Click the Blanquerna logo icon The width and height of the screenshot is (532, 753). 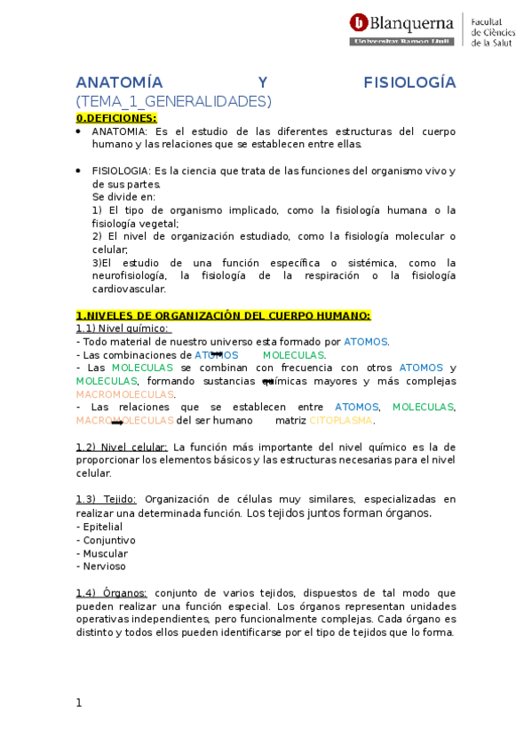pos(359,24)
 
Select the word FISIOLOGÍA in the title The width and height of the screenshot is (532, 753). pos(409,83)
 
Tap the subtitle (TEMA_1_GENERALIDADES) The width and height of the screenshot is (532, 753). pos(173,100)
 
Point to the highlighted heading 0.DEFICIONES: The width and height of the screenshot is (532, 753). pos(116,117)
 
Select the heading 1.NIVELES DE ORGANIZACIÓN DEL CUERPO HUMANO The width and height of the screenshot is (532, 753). pos(223,315)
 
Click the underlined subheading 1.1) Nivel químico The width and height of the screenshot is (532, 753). pos(123,329)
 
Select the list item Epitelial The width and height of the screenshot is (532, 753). pos(103,527)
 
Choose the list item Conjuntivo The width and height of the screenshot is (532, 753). pos(109,540)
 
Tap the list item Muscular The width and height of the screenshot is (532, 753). pos(106,553)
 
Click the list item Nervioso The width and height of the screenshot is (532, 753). pos(105,566)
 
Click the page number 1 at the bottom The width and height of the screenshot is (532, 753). pos(79,702)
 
